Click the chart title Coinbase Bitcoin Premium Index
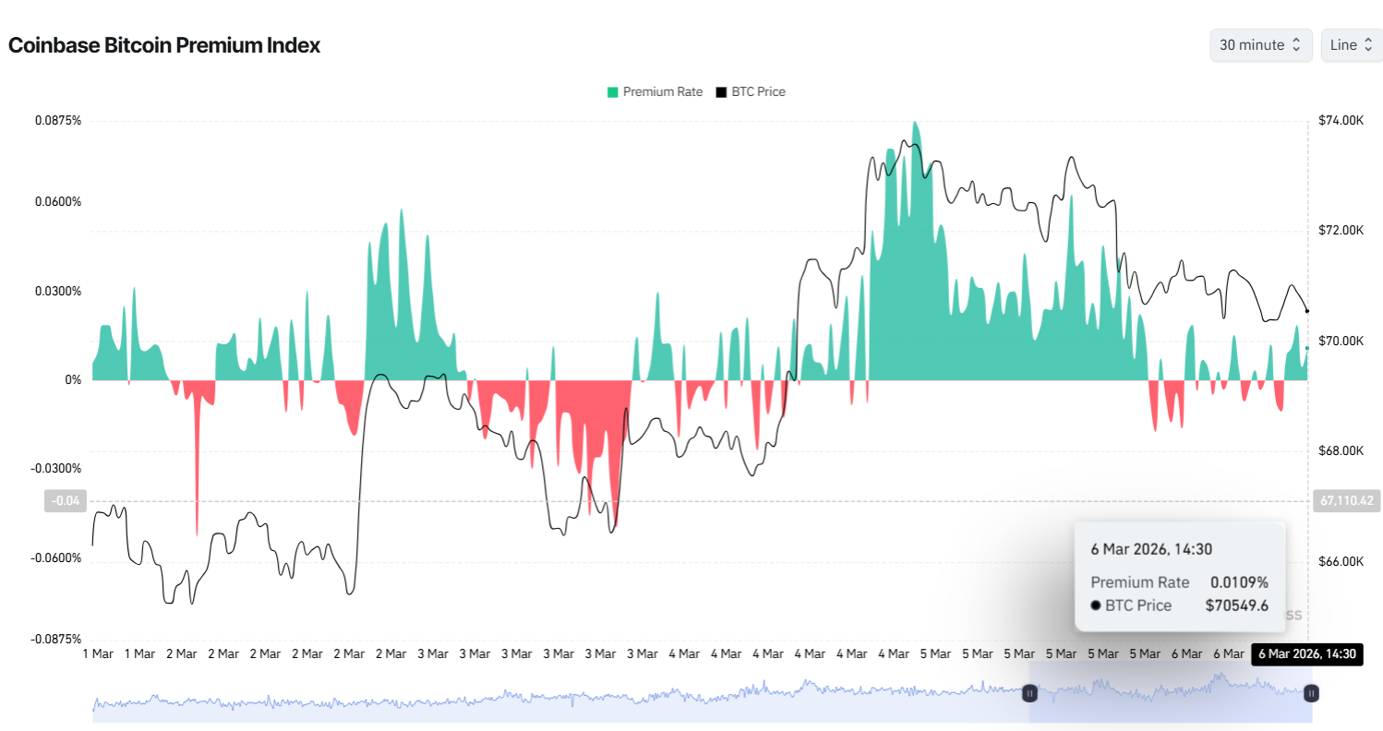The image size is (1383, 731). tap(164, 45)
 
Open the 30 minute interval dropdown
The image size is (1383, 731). tap(1260, 45)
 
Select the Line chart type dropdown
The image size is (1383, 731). tap(1351, 45)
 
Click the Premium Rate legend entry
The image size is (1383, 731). tap(654, 92)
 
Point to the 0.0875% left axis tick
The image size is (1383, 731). tap(58, 121)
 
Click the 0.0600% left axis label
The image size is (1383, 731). tap(58, 202)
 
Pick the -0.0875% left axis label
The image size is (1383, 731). tap(57, 639)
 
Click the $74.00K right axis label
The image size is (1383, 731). tap(1341, 121)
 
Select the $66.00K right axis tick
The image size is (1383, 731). tap(1341, 561)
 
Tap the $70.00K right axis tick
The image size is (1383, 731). tap(1341, 342)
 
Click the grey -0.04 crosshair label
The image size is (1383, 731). tap(66, 501)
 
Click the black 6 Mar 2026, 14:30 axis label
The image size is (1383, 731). tap(1306, 654)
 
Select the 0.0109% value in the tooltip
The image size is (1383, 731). tap(1239, 582)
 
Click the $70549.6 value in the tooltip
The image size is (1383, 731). tap(1236, 605)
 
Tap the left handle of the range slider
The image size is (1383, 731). tap(1029, 692)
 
